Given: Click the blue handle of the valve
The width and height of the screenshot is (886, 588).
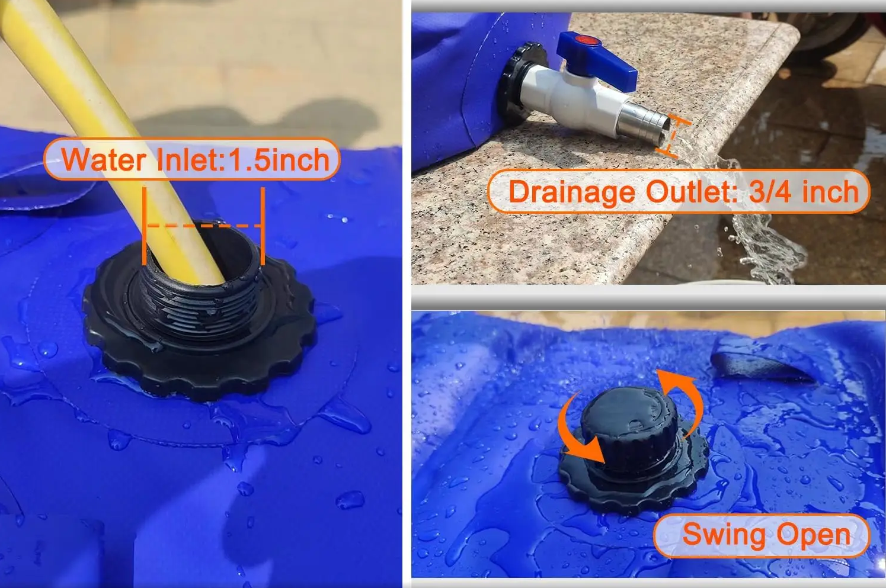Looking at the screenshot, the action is coord(597,59).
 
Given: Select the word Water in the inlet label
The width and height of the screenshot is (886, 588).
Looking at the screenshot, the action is coord(104,160).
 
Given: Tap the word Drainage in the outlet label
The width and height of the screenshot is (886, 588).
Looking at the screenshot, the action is coord(571,192).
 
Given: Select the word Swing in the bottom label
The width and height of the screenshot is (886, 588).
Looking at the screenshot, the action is coord(724,535).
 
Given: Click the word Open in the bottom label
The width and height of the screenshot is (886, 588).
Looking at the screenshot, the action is coord(813,536).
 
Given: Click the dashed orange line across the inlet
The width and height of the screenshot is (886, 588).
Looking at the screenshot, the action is coord(203,226).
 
